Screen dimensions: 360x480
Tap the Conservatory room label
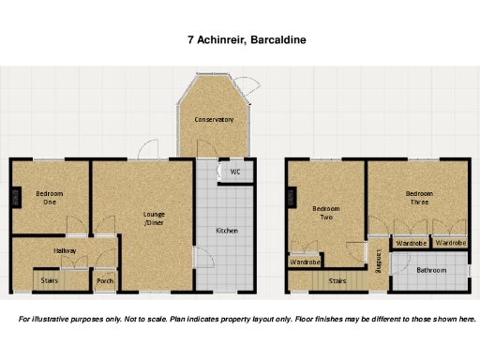[x=214, y=120]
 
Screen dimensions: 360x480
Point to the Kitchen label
[x=228, y=231]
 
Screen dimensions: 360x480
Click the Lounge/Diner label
[x=154, y=218]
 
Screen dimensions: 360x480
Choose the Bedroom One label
[x=47, y=197]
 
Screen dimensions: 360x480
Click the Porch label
[x=105, y=280]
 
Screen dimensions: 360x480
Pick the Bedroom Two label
[x=324, y=213]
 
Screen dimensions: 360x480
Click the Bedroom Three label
[x=419, y=198]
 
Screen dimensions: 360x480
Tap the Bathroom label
[x=431, y=270]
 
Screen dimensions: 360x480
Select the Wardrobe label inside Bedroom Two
[x=305, y=262]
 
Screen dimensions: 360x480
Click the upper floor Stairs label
[x=338, y=279]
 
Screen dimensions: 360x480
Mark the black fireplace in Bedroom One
[x=14, y=196]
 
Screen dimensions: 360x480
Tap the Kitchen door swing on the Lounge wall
[x=198, y=259]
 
